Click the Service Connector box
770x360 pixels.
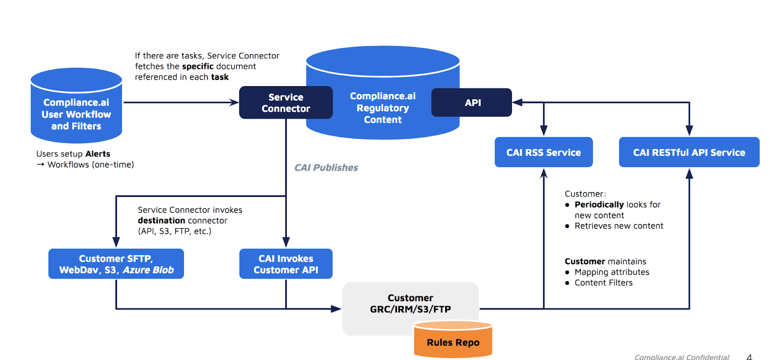[286, 103]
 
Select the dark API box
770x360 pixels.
[471, 103]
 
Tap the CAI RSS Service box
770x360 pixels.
[543, 152]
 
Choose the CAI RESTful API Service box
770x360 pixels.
[689, 152]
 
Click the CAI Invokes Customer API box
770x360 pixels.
[286, 264]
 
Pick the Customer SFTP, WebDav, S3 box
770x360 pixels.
[116, 264]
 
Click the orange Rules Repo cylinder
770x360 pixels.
[453, 339]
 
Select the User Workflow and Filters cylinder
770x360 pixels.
[77, 105]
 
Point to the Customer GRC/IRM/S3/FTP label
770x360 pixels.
[411, 303]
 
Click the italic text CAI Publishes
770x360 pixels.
[326, 167]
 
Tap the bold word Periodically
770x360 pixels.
[599, 205]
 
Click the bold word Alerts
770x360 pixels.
[98, 154]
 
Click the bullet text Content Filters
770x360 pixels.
[603, 283]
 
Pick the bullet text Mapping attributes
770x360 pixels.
[612, 272]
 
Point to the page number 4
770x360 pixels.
[749, 357]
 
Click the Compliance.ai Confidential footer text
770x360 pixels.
[681, 357]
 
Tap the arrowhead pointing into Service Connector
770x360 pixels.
[234, 103]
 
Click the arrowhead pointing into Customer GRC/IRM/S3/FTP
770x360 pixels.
[336, 309]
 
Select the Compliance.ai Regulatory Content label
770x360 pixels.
[383, 108]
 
